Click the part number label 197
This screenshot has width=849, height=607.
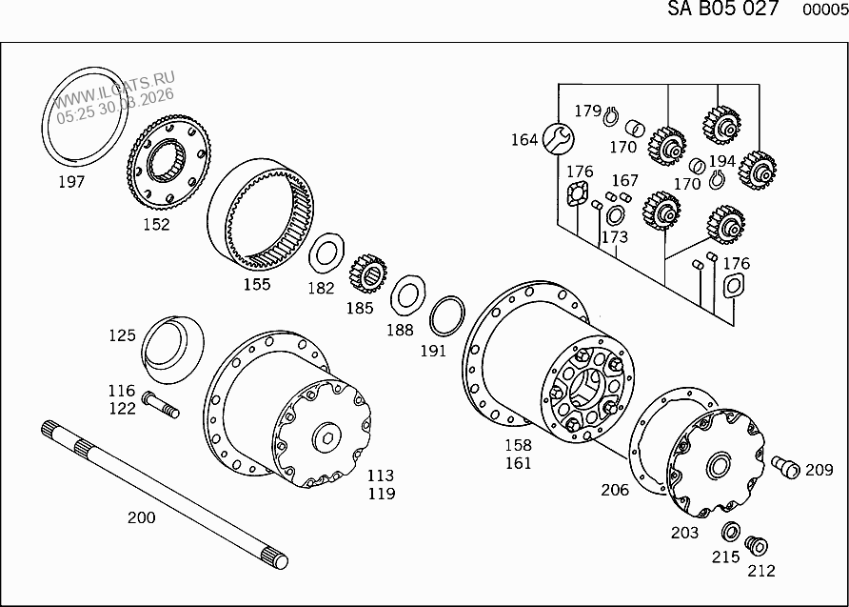click(70, 181)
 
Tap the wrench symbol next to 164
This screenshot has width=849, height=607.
click(558, 139)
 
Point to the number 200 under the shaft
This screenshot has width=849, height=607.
click(141, 517)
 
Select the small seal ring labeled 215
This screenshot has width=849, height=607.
click(731, 532)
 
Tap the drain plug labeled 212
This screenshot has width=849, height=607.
click(757, 546)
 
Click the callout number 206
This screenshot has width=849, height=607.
click(614, 490)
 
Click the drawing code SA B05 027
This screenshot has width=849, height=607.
click(721, 10)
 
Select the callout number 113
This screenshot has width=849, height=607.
click(381, 475)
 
